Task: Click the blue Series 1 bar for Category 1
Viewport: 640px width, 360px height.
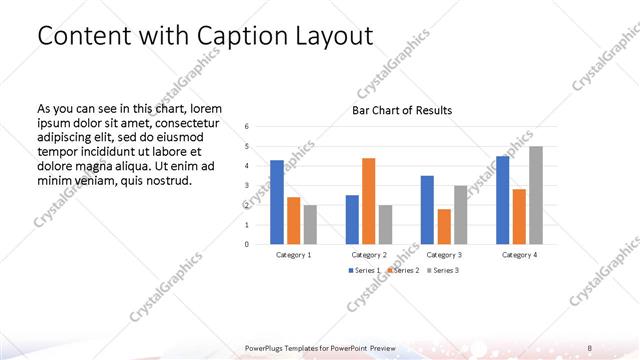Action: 277,202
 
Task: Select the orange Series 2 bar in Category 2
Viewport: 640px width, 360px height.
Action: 369,201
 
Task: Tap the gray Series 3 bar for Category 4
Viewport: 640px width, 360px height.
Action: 536,195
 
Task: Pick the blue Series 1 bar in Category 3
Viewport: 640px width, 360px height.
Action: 427,210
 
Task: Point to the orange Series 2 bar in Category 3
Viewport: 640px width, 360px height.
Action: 444,226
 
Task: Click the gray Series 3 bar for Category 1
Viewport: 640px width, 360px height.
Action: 310,224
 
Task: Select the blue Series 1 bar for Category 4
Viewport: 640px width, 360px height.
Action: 503,200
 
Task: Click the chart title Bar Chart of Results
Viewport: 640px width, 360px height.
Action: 401,110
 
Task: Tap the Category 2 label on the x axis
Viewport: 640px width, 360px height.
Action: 369,255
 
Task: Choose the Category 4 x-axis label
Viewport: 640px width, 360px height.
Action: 519,255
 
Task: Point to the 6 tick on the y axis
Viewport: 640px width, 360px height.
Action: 247,127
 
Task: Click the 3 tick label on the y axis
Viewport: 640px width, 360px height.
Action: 247,186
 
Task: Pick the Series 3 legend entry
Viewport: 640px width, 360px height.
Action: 444,271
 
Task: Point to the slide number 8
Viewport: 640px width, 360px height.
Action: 589,348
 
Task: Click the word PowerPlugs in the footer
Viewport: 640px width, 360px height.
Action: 266,348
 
